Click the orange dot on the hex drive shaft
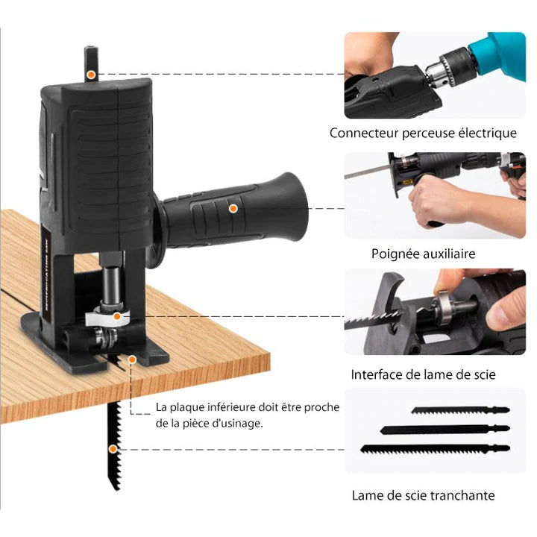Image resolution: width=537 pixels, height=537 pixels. point(90,75)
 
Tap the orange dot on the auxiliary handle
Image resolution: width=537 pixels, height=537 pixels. point(233,210)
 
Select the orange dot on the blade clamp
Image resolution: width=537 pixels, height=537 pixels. point(117,317)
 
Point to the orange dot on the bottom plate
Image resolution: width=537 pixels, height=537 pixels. point(132,359)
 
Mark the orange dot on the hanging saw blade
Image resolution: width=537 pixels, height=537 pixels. point(113,449)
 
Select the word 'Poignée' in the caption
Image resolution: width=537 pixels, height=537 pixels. point(395,254)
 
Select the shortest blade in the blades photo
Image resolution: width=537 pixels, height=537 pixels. point(459,411)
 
